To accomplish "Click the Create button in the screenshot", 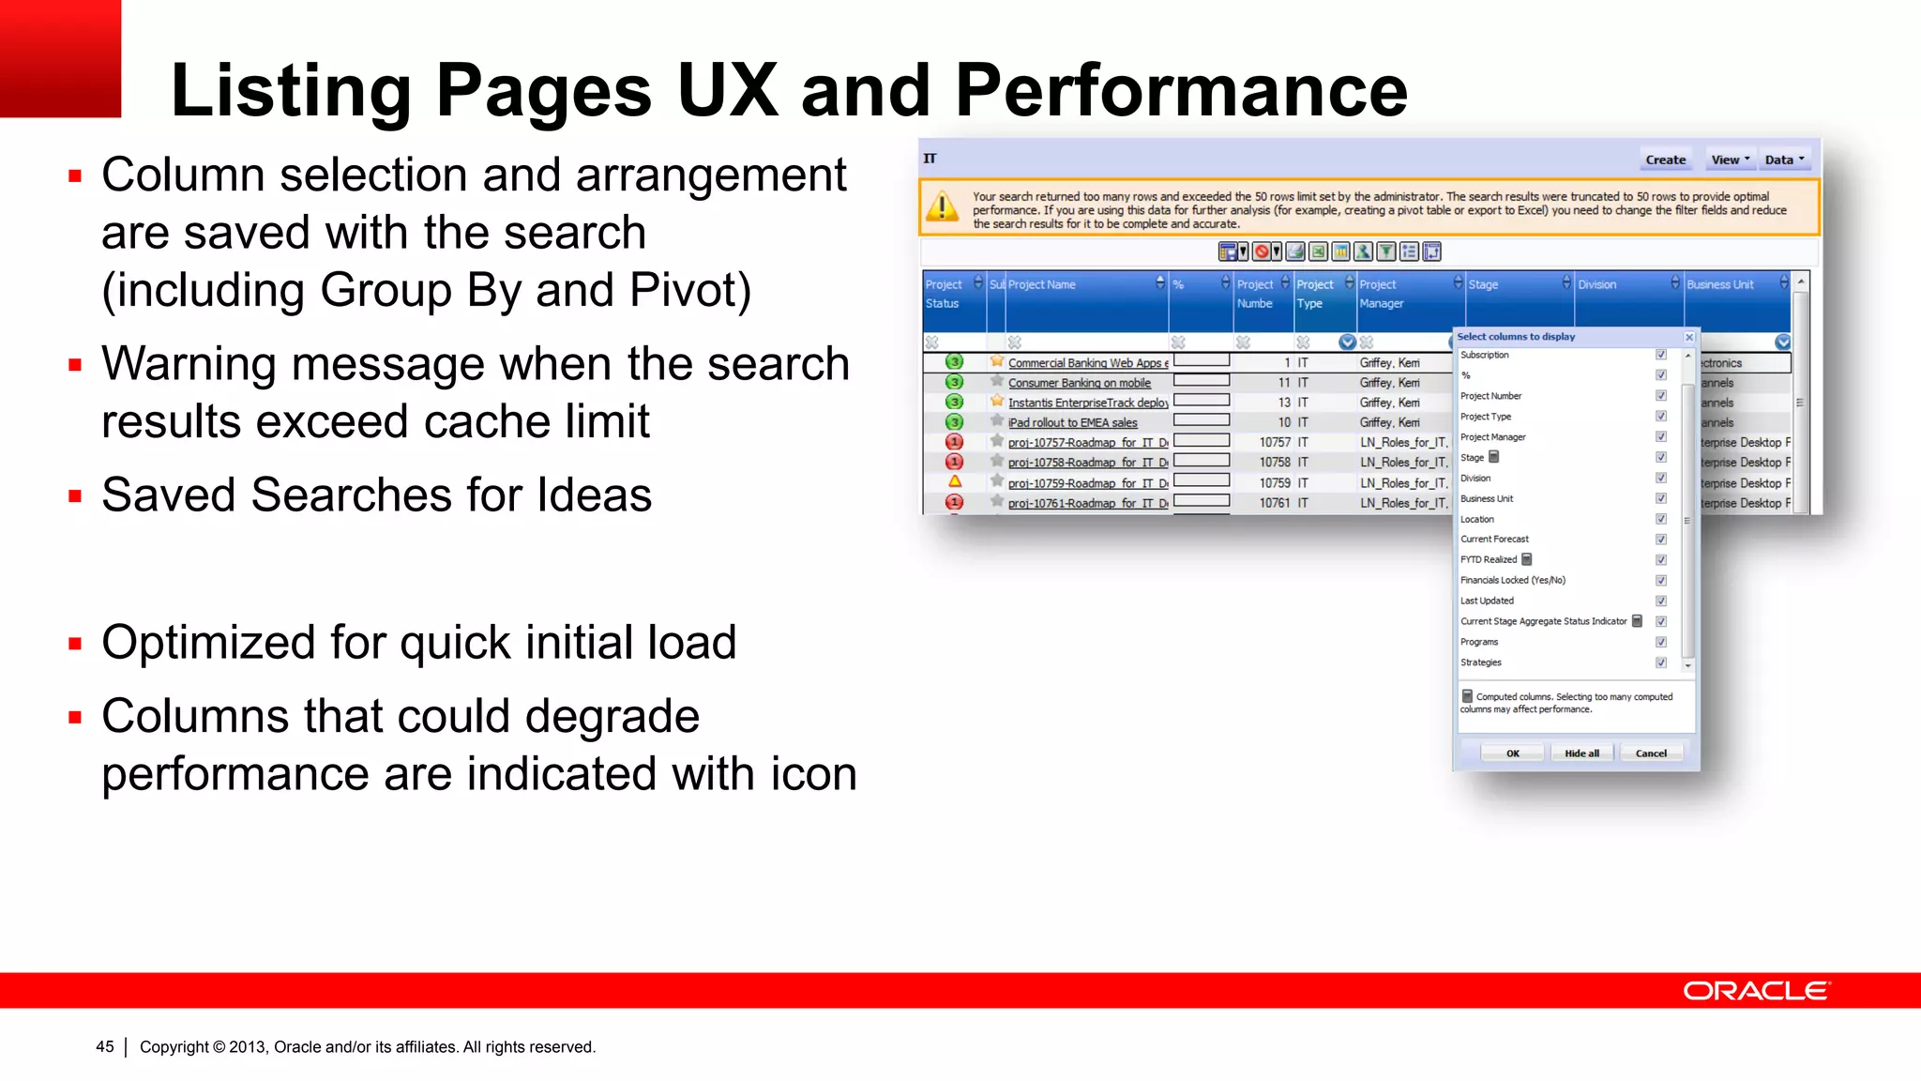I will pyautogui.click(x=1665, y=160).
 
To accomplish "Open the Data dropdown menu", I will pyautogui.click(x=1784, y=160).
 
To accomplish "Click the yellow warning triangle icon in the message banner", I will pyautogui.click(x=942, y=206).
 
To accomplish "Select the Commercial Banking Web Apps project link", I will pyautogui.click(x=1087, y=363).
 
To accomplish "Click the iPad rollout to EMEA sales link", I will pyautogui.click(x=1072, y=423).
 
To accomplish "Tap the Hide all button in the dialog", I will pyautogui.click(x=1581, y=754).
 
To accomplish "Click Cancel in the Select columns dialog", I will pyautogui.click(x=1651, y=754).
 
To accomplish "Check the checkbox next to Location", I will pyautogui.click(x=1661, y=519).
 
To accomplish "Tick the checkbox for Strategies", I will pyautogui.click(x=1661, y=662).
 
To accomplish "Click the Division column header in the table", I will pyautogui.click(x=1597, y=284).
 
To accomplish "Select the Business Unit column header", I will pyautogui.click(x=1720, y=284).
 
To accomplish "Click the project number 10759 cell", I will pyautogui.click(x=1275, y=483).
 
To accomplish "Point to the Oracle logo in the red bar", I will pyautogui.click(x=1755, y=991).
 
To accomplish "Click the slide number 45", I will pyautogui.click(x=105, y=1047).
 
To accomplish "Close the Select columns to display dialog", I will pyautogui.click(x=1689, y=337).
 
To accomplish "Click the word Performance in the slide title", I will pyautogui.click(x=1181, y=90).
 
